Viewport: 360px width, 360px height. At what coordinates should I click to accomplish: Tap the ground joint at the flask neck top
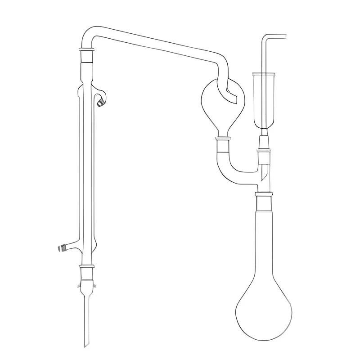click(264, 194)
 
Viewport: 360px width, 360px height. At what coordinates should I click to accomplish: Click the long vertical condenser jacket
click(88, 171)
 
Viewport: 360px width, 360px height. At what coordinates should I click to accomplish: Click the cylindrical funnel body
click(264, 99)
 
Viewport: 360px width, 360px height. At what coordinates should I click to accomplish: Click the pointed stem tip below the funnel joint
click(265, 173)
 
